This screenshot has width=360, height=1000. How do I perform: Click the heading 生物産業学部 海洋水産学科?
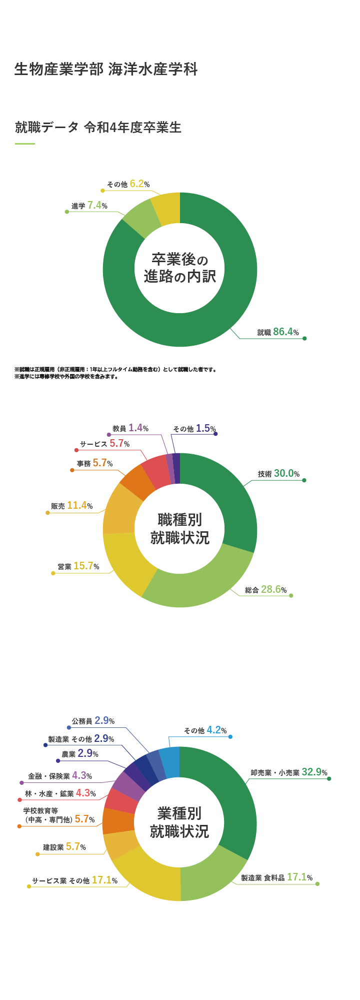coord(106,69)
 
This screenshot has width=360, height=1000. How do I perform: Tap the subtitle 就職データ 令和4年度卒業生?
coord(98,128)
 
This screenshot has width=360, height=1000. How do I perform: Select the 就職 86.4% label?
coord(278,332)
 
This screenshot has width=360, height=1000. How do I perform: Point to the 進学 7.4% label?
coord(89,205)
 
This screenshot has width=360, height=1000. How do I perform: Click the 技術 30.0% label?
coord(278,473)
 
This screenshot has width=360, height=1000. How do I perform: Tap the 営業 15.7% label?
coord(78,566)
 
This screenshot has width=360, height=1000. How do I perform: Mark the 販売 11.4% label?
coord(72,505)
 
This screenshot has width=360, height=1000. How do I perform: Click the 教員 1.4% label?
coord(130,428)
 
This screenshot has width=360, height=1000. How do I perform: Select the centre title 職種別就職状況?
coord(180,529)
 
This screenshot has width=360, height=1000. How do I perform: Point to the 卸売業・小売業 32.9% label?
coord(289,772)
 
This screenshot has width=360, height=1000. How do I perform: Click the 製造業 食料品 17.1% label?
coord(276,877)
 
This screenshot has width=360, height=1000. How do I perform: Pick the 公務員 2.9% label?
coord(93,720)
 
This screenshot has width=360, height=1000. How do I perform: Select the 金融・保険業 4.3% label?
coord(60,775)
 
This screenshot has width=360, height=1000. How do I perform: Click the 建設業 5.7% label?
coord(64,846)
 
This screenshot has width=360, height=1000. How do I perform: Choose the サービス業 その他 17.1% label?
coord(75,880)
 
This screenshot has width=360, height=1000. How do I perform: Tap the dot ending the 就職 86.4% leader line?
coord(304,339)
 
